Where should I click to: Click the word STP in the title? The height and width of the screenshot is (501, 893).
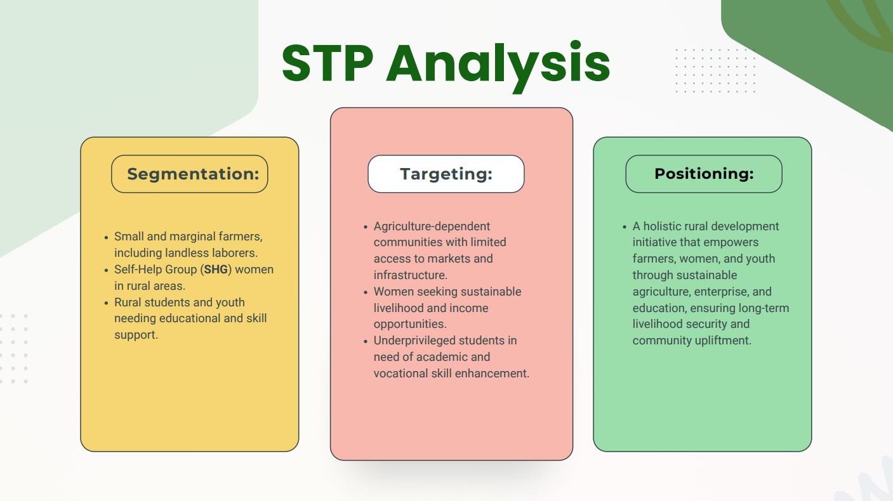pyautogui.click(x=327, y=63)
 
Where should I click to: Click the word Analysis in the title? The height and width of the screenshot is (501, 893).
pyautogui.click(x=498, y=67)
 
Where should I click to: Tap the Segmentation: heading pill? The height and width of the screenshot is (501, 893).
pyautogui.click(x=189, y=174)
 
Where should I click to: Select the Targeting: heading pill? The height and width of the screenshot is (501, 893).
pyautogui.click(x=446, y=174)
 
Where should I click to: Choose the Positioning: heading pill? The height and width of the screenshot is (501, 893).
pyautogui.click(x=704, y=174)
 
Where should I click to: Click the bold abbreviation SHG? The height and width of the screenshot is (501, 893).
pyautogui.click(x=216, y=270)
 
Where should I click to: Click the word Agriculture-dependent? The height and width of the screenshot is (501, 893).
pyautogui.click(x=432, y=226)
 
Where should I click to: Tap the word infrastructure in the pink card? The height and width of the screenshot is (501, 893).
pyautogui.click(x=409, y=275)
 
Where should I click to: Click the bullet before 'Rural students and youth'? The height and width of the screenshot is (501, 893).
pyautogui.click(x=106, y=303)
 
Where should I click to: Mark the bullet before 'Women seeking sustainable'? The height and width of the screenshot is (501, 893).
pyautogui.click(x=365, y=292)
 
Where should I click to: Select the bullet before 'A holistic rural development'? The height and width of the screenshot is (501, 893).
pyautogui.click(x=625, y=227)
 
